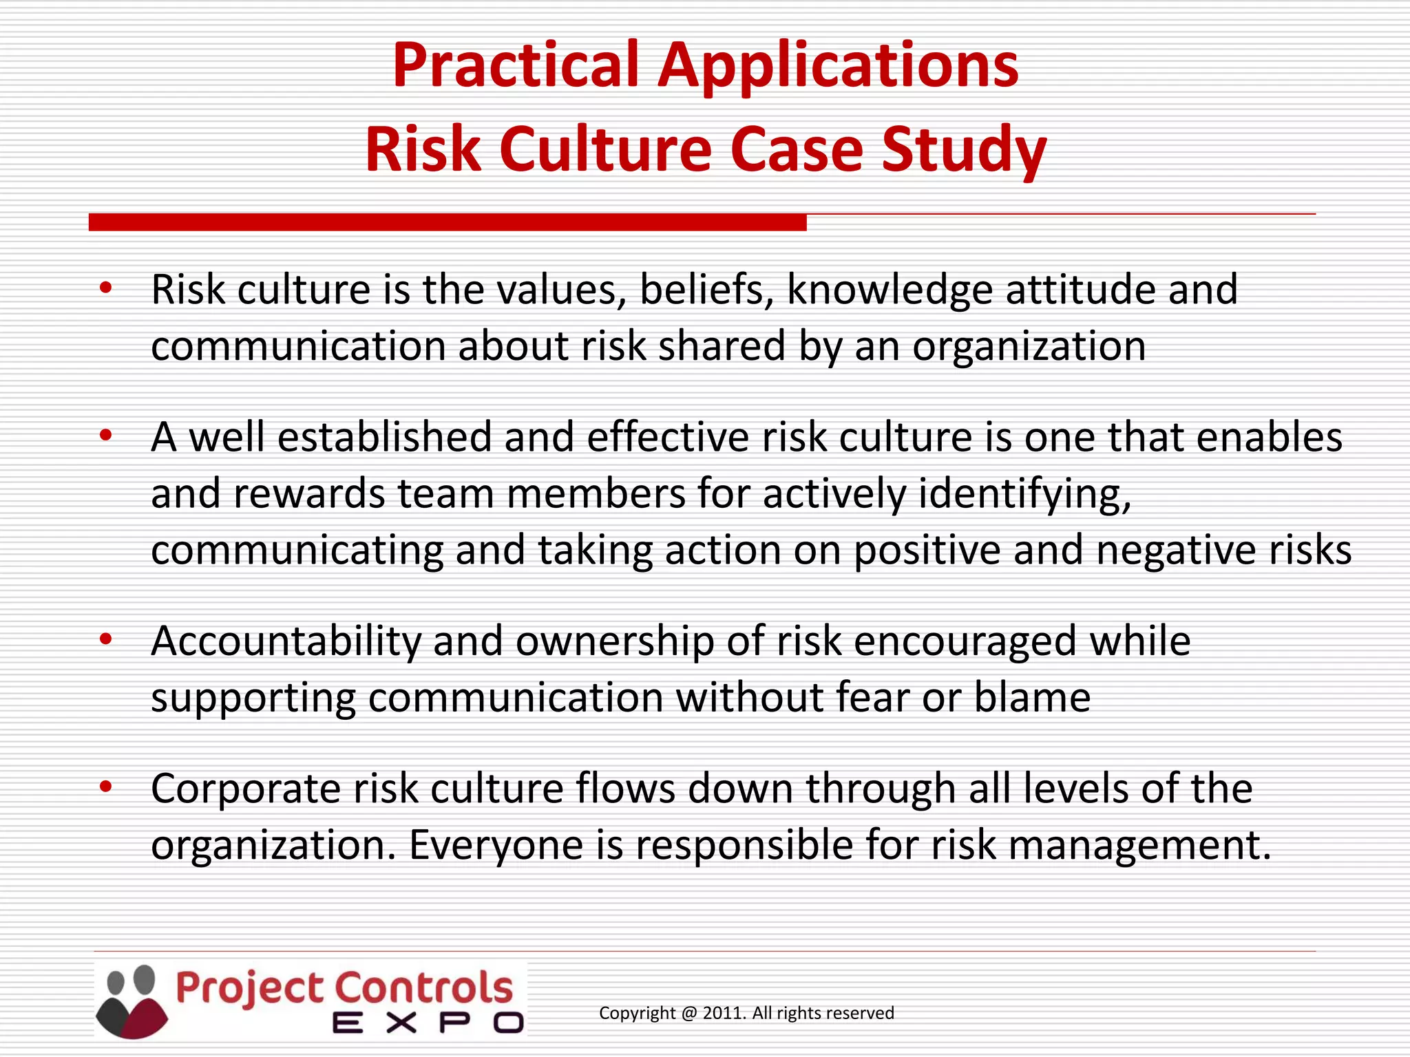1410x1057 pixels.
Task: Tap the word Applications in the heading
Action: tap(838, 67)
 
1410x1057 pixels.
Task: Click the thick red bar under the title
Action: tap(448, 222)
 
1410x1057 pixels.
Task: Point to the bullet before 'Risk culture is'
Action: tap(105, 288)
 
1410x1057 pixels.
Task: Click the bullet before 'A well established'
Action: tap(105, 436)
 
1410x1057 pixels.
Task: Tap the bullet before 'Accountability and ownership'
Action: tap(105, 640)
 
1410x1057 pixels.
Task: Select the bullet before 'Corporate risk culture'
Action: tap(105, 787)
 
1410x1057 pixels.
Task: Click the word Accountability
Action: tap(286, 641)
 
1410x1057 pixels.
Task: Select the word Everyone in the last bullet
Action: tap(496, 846)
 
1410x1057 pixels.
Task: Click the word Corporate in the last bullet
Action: tap(246, 789)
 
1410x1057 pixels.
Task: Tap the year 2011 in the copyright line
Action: tap(723, 1013)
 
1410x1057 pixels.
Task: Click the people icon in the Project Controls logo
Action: tap(132, 1001)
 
